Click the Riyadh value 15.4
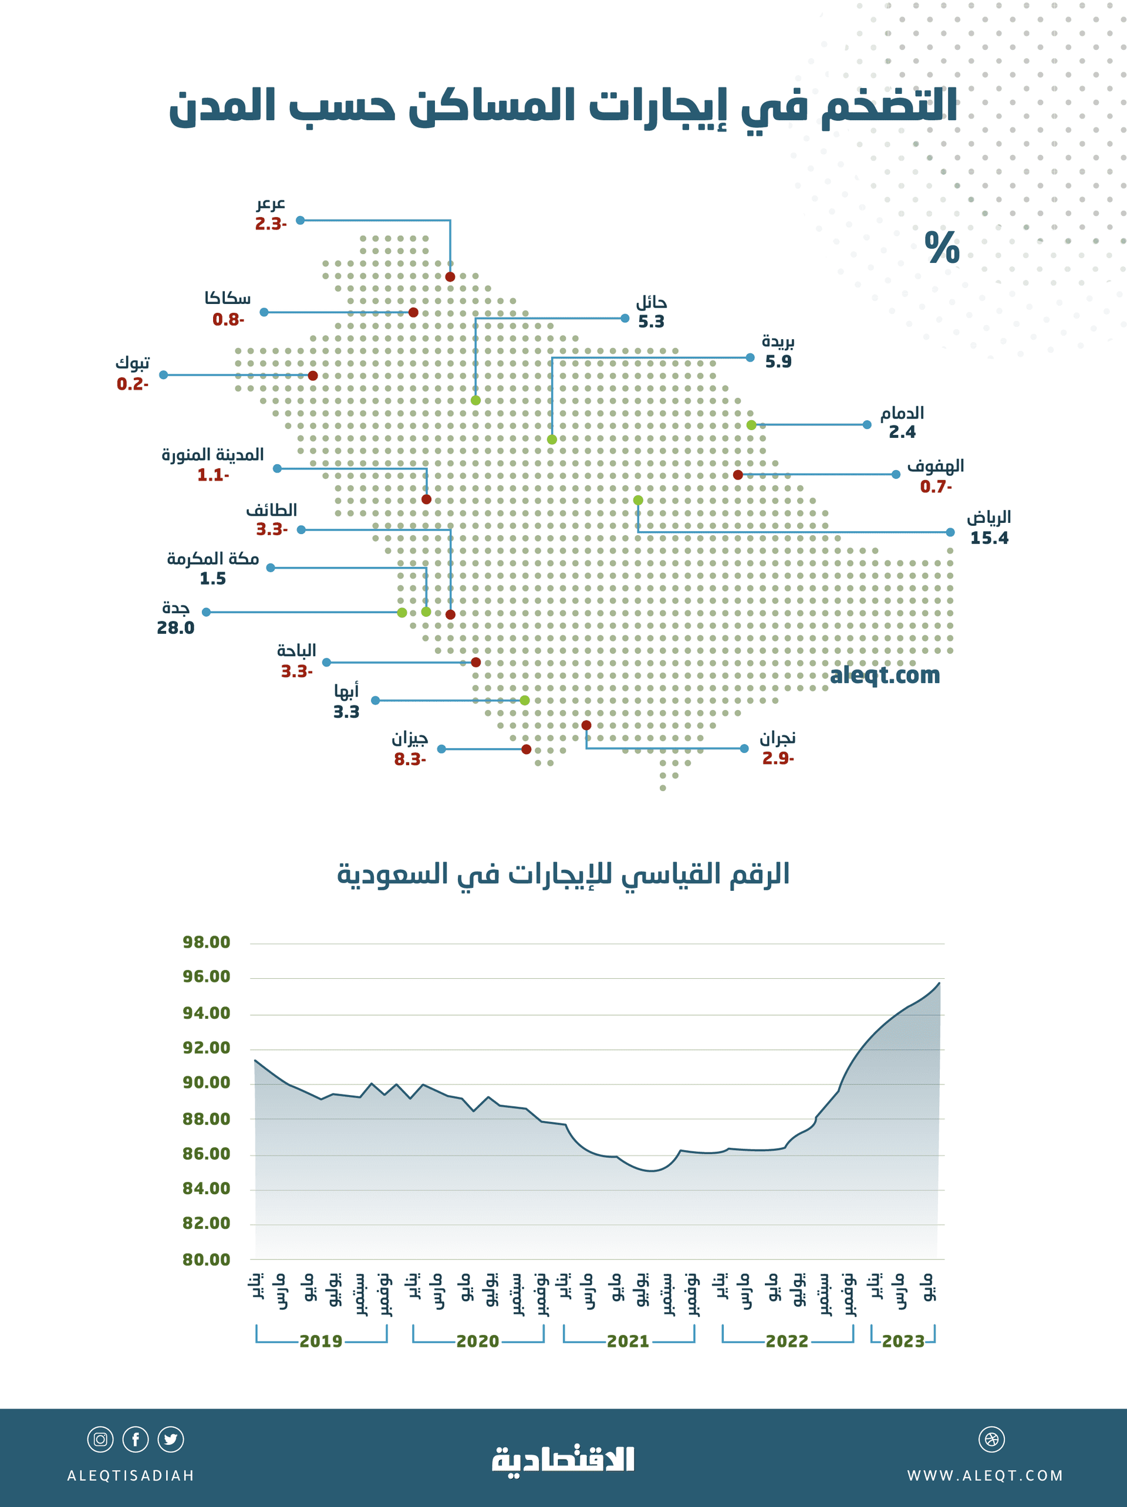[988, 538]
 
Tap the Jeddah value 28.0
[176, 628]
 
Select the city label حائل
[651, 302]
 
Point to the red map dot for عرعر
[450, 276]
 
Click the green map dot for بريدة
[552, 440]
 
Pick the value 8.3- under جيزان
[410, 759]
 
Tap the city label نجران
[777, 738]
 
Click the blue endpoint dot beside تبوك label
[164, 375]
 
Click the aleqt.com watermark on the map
[885, 675]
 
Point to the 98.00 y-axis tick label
[207, 942]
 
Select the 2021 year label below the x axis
[628, 1342]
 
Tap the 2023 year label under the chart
[903, 1342]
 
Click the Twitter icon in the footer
[170, 1439]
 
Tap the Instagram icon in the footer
[100, 1439]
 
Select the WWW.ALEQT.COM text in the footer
[984, 1476]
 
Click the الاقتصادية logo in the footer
[563, 1459]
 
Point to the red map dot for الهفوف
[738, 475]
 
